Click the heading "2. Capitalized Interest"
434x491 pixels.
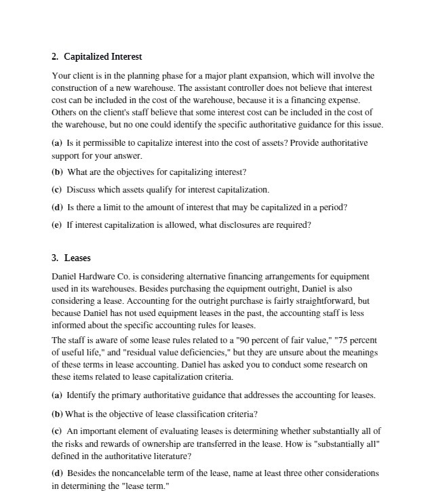click(96, 56)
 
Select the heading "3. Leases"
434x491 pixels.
click(71, 258)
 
